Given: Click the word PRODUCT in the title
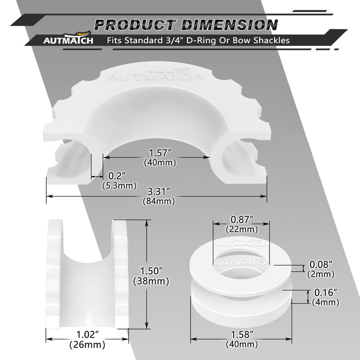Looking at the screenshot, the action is [x=135, y=25].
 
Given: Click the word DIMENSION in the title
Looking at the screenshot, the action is [x=229, y=25].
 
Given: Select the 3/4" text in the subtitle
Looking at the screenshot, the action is [x=175, y=40].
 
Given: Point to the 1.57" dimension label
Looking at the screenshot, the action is [x=161, y=153].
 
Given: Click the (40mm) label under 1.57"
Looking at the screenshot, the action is [x=160, y=162].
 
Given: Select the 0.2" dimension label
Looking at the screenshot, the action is [x=117, y=176].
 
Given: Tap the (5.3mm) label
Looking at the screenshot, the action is [x=119, y=185].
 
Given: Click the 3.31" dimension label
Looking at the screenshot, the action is [x=159, y=191].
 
